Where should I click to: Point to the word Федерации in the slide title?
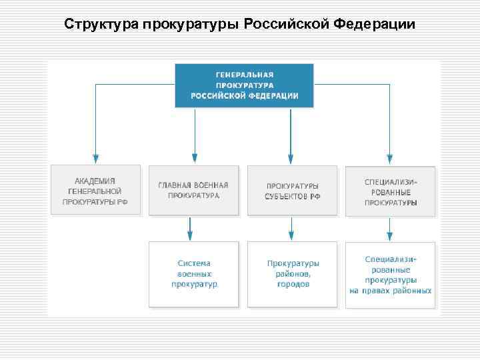374,25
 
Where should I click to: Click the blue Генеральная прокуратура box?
244,85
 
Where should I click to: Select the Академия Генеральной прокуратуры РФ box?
96,190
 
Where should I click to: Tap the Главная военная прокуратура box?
193,190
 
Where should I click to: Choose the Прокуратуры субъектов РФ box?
291,190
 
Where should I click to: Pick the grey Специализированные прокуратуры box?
390,190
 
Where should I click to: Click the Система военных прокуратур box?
193,274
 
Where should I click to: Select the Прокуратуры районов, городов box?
291,274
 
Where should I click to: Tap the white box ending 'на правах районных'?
390,274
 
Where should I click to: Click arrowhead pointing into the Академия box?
96,159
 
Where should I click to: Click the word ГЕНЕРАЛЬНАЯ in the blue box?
244,75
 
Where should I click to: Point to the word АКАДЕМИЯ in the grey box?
95,180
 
